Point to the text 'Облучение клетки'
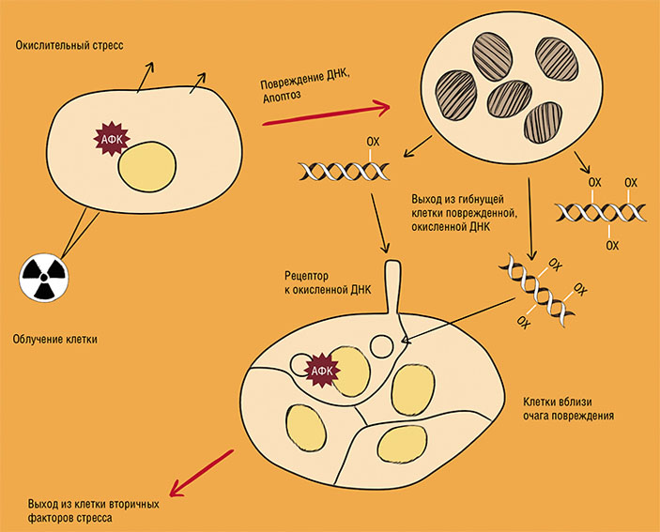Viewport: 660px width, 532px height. click(61, 339)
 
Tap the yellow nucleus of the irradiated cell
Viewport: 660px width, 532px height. click(147, 166)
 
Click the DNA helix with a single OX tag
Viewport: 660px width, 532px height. click(344, 172)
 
